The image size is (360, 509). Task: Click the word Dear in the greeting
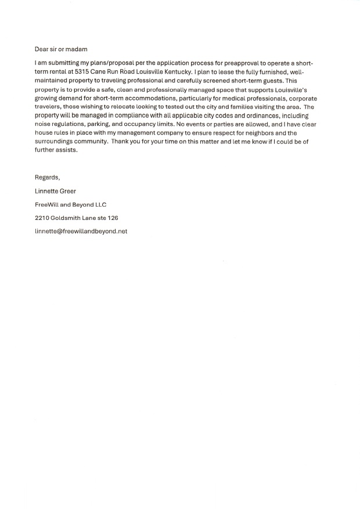pos(42,49)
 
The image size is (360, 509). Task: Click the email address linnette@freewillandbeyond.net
pos(81,231)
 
